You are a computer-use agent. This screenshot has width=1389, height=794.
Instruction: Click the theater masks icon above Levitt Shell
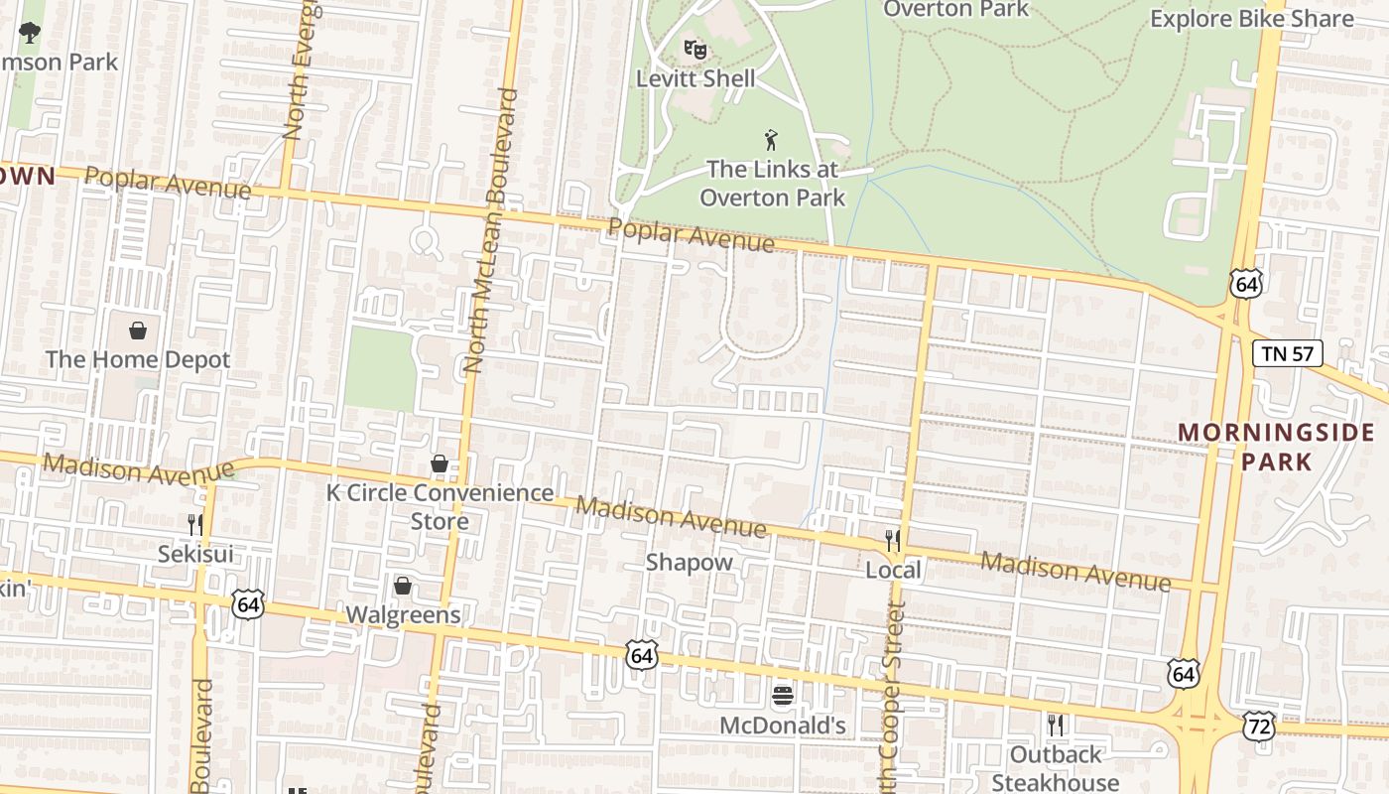(x=695, y=48)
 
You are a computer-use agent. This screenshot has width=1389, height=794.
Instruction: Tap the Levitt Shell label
(x=695, y=78)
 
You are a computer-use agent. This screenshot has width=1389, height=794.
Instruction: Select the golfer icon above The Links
(x=771, y=140)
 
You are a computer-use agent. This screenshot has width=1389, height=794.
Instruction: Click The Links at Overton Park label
(x=772, y=184)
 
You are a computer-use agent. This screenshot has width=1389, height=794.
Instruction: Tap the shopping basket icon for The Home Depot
(x=138, y=330)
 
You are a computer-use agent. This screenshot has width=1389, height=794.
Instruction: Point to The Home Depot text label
(x=138, y=359)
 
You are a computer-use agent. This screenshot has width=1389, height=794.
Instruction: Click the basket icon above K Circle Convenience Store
(x=440, y=463)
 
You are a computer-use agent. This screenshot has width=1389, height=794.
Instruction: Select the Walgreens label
(x=403, y=614)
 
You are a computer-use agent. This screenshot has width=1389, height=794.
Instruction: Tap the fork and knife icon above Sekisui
(x=195, y=524)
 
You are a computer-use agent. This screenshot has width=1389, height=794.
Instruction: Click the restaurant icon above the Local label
(x=893, y=540)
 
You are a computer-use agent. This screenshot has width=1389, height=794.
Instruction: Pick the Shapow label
(x=690, y=562)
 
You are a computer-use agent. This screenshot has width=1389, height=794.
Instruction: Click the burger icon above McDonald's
(x=783, y=695)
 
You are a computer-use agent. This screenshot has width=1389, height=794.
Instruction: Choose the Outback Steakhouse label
(x=1056, y=768)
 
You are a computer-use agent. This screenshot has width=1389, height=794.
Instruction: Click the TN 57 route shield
(x=1287, y=352)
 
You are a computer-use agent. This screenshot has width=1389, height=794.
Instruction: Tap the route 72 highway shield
(x=1258, y=726)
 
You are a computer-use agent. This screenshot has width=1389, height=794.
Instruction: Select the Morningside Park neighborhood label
(x=1276, y=447)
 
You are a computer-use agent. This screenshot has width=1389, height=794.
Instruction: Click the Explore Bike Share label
(x=1251, y=19)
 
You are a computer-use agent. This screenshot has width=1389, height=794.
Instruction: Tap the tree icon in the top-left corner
(x=30, y=32)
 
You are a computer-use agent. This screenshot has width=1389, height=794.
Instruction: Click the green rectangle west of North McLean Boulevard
(x=380, y=369)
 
